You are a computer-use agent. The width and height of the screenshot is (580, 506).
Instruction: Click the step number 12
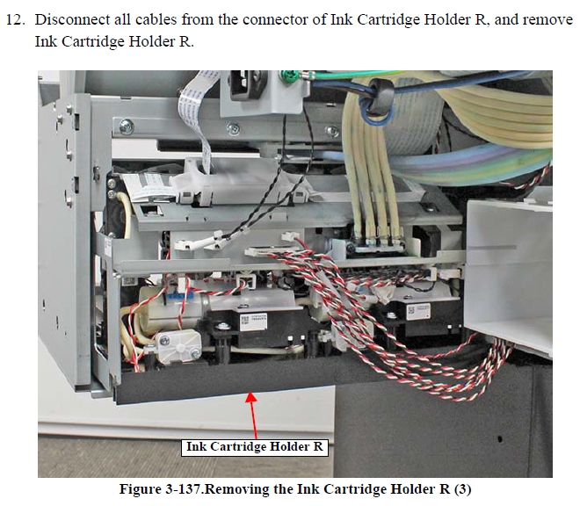[x=15, y=19]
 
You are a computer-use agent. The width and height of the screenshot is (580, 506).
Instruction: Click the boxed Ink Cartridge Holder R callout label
[x=255, y=447]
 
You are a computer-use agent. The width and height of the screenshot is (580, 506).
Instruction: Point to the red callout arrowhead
[x=251, y=396]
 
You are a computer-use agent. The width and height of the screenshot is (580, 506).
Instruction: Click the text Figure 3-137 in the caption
[x=161, y=489]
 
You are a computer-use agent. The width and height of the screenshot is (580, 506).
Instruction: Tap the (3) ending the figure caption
[x=462, y=489]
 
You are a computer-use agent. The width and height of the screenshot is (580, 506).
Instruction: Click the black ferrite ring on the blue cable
[x=380, y=96]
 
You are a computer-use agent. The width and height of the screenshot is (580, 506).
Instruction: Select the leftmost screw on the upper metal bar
[x=127, y=127]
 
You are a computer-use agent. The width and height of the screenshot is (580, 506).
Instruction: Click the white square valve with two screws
[x=178, y=345]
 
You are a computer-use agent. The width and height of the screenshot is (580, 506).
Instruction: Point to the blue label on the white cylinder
[x=180, y=296]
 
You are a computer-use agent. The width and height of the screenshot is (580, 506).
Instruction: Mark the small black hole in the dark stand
[x=500, y=439]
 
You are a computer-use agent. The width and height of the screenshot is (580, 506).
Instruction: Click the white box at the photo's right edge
[x=509, y=274]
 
